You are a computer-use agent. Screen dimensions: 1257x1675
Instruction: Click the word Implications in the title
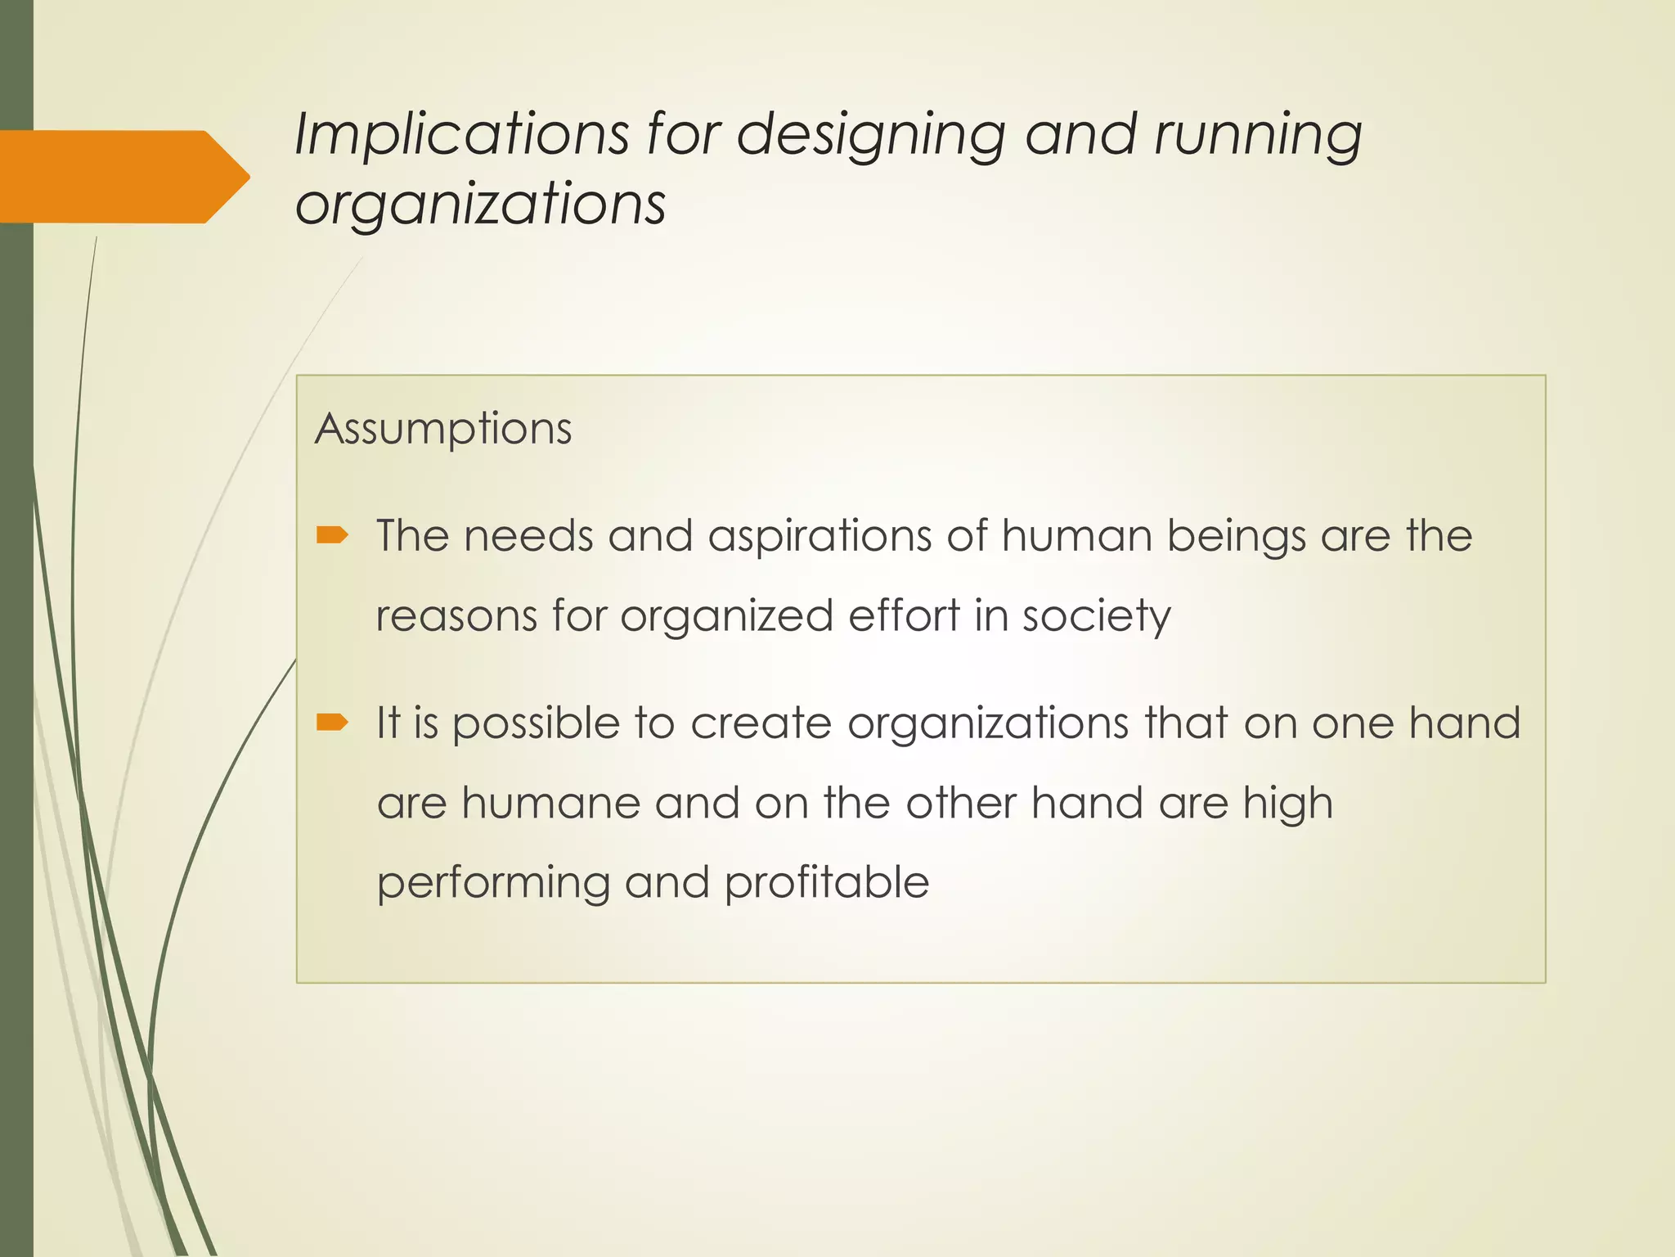point(462,133)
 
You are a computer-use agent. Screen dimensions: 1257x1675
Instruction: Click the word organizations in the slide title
point(480,205)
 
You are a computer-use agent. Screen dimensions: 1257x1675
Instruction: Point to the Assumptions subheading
point(443,429)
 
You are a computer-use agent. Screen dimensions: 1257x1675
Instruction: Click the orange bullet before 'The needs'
point(332,536)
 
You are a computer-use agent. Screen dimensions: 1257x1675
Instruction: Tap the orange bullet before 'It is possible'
point(332,722)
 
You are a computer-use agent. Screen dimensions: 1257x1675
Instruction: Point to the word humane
point(550,803)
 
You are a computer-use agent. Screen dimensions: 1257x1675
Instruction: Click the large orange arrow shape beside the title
point(123,177)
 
